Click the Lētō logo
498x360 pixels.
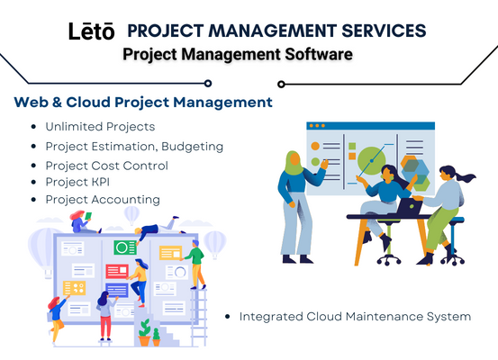tap(92, 31)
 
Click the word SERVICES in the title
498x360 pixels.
tap(384, 31)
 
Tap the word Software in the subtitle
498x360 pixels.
tap(319, 54)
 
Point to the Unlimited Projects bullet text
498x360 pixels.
tap(100, 127)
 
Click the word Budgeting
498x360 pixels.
tap(193, 147)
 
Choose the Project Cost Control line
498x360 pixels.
tap(106, 166)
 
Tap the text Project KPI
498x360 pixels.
tap(77, 182)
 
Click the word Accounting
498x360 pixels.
tap(125, 200)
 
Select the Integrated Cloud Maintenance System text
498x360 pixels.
tap(355, 317)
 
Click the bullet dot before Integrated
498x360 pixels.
tap(227, 317)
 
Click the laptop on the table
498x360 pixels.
tap(410, 207)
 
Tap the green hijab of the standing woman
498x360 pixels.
tap(294, 163)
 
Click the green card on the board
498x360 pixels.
tap(125, 247)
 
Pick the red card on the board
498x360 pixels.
tap(117, 271)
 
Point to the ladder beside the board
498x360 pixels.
tap(198, 317)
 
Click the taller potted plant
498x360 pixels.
tap(144, 332)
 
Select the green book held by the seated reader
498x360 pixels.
tap(88, 216)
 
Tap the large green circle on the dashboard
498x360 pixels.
tap(371, 160)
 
